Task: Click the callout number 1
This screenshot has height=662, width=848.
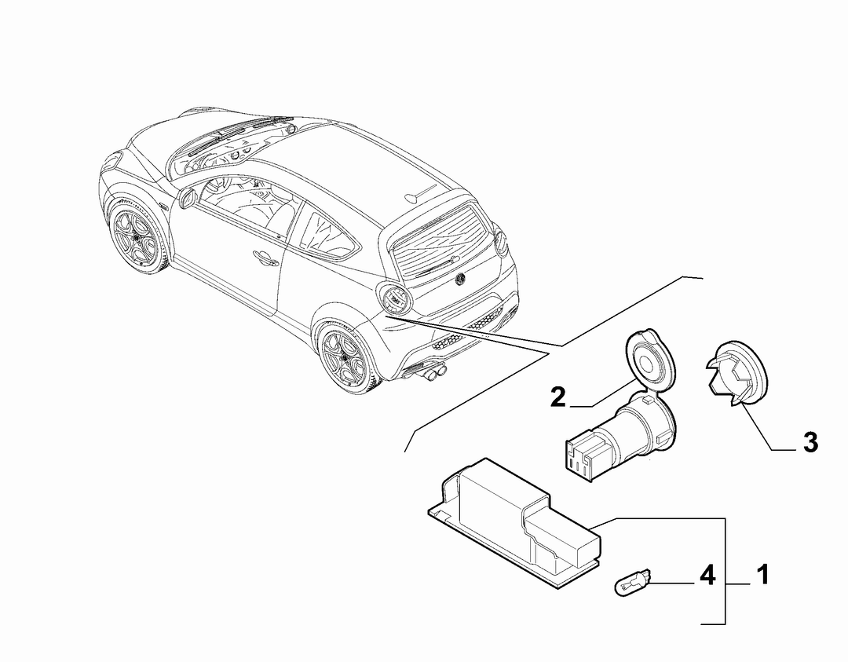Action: pos(762,575)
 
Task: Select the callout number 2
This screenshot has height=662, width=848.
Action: pos(559,397)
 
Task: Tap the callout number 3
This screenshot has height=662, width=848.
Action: pos(810,442)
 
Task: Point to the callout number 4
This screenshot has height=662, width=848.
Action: pos(707,575)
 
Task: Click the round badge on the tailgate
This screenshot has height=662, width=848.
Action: pos(462,279)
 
